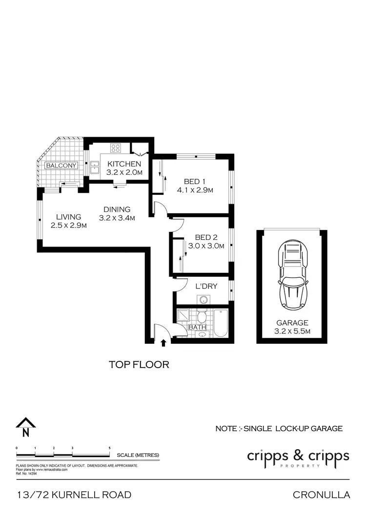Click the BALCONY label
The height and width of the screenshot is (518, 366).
coord(61,166)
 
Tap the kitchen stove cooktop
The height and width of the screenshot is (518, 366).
coord(116,147)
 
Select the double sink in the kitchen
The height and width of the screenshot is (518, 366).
coord(94,167)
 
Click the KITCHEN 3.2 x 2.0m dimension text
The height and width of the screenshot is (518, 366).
coord(124,172)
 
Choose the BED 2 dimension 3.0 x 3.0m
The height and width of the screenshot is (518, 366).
coord(206,246)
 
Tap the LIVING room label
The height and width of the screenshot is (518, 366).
coord(68,217)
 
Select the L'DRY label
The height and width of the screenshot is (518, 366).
coord(206,286)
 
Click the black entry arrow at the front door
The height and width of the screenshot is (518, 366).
coord(163,343)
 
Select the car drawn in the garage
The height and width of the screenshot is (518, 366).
coord(292,276)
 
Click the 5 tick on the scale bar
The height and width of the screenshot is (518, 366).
coord(109,448)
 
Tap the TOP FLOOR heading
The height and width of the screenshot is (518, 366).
coord(139,364)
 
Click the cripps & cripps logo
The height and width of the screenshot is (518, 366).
coord(298,457)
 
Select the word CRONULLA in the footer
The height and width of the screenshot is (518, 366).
coord(321,495)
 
